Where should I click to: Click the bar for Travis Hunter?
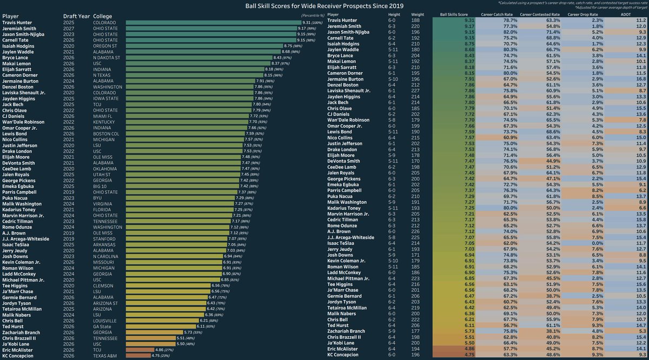pos(211,23)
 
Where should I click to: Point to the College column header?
pos(103,16)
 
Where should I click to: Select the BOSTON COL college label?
pos(107,133)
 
